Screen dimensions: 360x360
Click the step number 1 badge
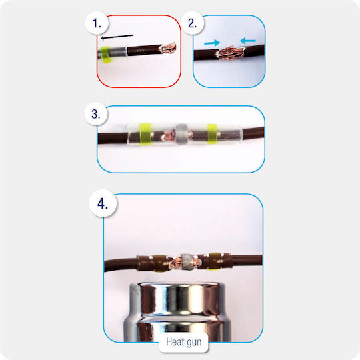click(97, 23)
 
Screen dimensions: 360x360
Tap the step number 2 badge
click(193, 23)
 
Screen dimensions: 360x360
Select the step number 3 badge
click(96, 114)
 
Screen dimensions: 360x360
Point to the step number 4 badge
click(103, 203)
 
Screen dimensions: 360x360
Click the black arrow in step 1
click(117, 37)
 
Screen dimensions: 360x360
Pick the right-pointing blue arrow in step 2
click(212, 43)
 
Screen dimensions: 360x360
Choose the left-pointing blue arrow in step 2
click(248, 41)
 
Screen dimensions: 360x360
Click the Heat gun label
click(184, 342)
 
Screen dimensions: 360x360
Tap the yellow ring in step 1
click(105, 55)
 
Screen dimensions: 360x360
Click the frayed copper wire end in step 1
click(169, 48)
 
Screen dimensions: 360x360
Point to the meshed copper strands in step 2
click(230, 53)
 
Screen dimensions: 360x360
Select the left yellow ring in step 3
click(145, 134)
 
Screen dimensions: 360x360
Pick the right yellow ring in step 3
click(213, 134)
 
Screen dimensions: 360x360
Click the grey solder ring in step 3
click(182, 135)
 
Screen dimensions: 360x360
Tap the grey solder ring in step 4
click(188, 262)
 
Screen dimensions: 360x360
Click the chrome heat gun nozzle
click(177, 312)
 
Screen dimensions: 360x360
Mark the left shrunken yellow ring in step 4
click(159, 263)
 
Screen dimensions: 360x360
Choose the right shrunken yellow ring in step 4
click(215, 261)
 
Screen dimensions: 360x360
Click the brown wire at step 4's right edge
click(247, 260)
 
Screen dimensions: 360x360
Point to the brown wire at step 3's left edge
click(113, 138)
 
